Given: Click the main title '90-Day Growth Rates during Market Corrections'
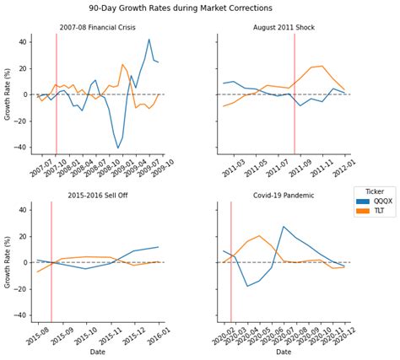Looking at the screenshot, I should (199, 8).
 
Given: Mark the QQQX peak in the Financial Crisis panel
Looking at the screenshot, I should (149, 39).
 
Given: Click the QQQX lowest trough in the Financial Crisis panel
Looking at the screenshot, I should (118, 148).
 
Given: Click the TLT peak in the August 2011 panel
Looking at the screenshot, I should (322, 66).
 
